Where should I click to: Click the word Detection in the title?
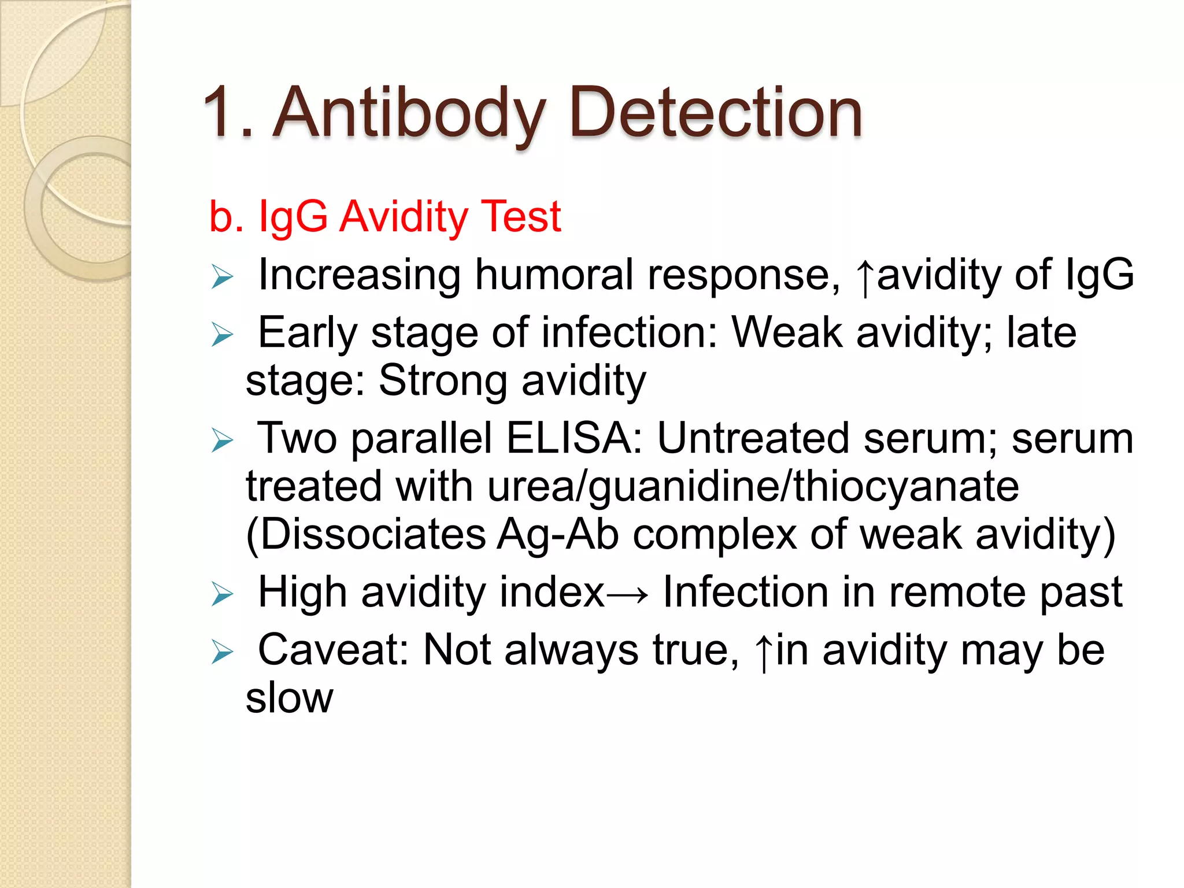click(716, 113)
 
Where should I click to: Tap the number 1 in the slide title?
click(219, 113)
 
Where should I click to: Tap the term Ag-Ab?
click(558, 534)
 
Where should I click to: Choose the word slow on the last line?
click(289, 698)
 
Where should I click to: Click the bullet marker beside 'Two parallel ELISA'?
click(222, 441)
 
